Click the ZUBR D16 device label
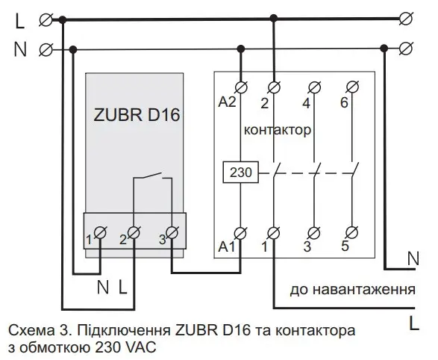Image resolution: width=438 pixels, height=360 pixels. [x=137, y=114]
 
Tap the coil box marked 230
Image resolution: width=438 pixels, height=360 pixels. [x=241, y=173]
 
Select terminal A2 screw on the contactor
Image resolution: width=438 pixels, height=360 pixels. [x=241, y=87]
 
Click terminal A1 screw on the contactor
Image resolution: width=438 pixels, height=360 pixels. [x=240, y=232]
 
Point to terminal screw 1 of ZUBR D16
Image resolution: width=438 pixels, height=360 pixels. [x=100, y=232]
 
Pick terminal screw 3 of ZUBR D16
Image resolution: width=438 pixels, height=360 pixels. [x=172, y=232]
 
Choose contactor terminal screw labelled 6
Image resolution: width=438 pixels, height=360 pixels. [x=352, y=87]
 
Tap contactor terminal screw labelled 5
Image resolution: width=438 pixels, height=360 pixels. [x=351, y=232]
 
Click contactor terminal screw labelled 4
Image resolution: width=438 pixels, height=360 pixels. [x=315, y=87]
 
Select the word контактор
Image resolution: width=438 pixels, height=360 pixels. [x=278, y=130]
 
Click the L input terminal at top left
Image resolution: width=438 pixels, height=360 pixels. [x=46, y=20]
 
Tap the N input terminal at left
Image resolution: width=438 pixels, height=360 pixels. [x=46, y=50]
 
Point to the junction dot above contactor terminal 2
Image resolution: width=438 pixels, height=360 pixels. [x=274, y=19]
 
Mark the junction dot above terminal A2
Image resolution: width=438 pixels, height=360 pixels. [x=241, y=49]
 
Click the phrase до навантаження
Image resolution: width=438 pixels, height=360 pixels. [x=352, y=290]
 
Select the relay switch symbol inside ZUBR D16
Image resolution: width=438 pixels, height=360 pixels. [x=152, y=176]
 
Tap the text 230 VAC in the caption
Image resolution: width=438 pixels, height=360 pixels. [x=125, y=348]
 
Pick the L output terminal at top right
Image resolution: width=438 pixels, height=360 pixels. [x=406, y=19]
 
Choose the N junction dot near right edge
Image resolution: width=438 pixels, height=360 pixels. [x=384, y=48]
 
